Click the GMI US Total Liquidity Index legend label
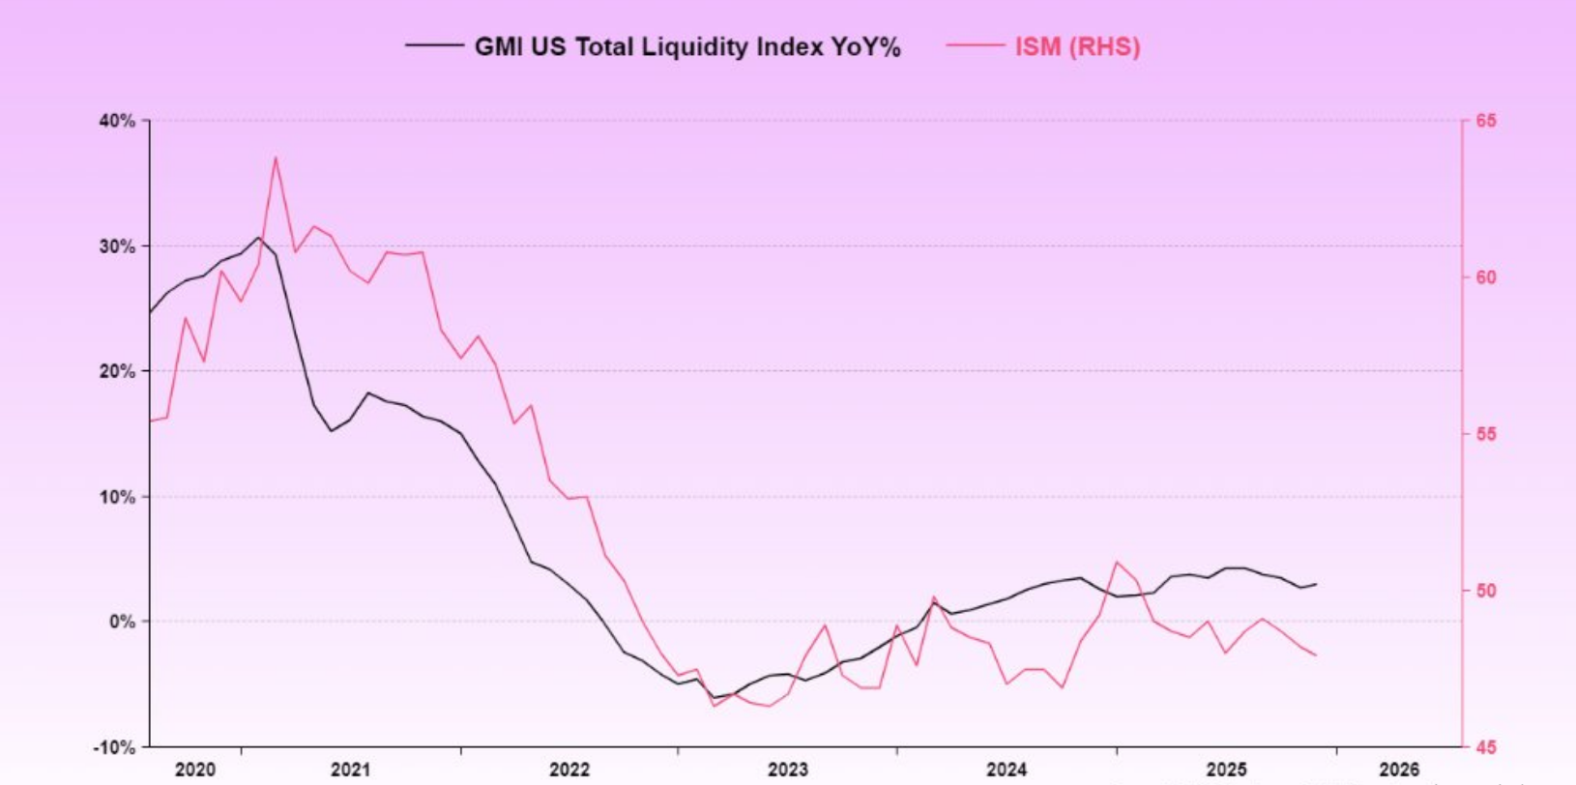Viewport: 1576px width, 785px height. coord(686,46)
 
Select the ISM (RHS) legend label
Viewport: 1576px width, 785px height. coord(1077,46)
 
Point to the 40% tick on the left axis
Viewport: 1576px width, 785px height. coord(117,121)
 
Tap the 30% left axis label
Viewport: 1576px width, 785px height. coord(117,247)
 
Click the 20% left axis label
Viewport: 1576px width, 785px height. coord(117,371)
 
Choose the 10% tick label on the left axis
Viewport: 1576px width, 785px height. coord(117,497)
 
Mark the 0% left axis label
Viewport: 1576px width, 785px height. coord(122,622)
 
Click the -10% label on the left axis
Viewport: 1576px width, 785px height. coord(115,747)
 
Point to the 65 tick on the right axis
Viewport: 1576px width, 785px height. coord(1486,121)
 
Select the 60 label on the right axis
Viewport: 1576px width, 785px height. coord(1486,277)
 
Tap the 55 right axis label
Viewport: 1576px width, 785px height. coord(1486,434)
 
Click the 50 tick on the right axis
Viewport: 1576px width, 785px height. coord(1486,591)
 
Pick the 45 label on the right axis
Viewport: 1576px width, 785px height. coord(1486,747)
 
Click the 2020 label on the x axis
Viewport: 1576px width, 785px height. coord(195,770)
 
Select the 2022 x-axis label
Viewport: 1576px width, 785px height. coord(569,770)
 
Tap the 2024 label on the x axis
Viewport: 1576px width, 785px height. coord(1007,770)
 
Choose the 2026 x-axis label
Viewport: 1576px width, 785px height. coord(1399,770)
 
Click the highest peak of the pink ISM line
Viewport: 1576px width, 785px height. coord(276,158)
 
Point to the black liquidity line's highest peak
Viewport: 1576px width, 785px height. coord(258,237)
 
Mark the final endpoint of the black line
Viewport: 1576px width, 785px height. coord(1316,584)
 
